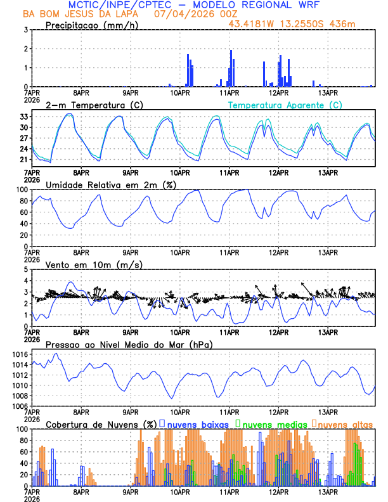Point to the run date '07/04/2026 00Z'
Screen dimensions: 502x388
point(183,14)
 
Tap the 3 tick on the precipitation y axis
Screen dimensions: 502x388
point(25,30)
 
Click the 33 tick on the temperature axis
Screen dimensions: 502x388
point(23,117)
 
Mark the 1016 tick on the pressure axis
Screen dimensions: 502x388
point(20,354)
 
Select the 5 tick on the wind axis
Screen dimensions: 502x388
point(25,269)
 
